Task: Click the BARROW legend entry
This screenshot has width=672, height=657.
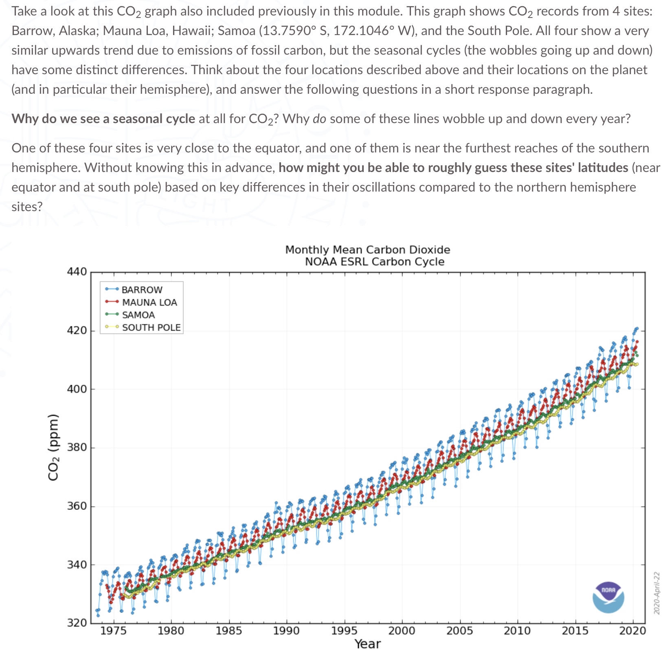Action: click(x=141, y=289)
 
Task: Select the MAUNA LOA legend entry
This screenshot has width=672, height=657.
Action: click(x=149, y=302)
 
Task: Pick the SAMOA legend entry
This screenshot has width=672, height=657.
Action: click(x=138, y=315)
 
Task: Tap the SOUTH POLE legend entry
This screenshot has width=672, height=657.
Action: click(x=151, y=327)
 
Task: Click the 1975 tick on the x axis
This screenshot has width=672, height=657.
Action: click(x=114, y=631)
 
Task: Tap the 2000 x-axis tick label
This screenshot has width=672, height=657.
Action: click(x=402, y=631)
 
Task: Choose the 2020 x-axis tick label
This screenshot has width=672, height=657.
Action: click(x=632, y=631)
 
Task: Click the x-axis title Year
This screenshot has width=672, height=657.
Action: click(x=367, y=644)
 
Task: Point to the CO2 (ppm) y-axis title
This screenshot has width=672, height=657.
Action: click(x=53, y=447)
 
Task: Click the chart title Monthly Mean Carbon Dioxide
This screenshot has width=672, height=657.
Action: click(x=367, y=249)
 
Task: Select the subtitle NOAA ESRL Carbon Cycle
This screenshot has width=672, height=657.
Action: click(x=374, y=261)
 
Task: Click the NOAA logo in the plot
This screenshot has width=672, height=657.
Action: click(x=608, y=597)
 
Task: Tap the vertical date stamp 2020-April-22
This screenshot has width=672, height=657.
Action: click(x=656, y=593)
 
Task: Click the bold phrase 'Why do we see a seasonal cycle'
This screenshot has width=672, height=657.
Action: click(x=103, y=119)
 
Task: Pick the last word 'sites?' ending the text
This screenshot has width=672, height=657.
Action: click(x=27, y=207)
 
